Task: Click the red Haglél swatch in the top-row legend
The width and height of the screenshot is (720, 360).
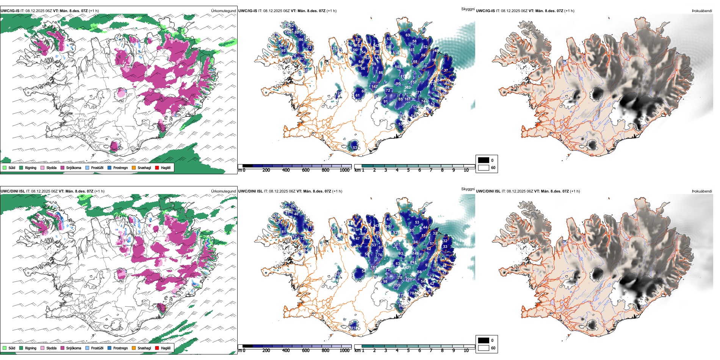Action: (x=157, y=167)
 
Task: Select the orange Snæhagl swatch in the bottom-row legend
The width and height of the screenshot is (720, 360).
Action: (x=134, y=348)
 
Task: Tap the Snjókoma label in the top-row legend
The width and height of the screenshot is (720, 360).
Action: (x=74, y=167)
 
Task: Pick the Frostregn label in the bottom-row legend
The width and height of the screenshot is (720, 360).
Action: (x=120, y=348)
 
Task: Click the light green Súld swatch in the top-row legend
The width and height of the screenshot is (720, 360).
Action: (x=5, y=167)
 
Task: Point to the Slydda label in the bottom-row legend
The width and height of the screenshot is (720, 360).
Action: (x=51, y=348)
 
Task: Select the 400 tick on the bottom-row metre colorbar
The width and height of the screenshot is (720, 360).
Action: (x=286, y=351)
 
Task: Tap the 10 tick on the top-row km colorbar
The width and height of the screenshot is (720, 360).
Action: (x=466, y=170)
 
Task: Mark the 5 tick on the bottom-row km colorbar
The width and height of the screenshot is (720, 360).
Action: (x=408, y=351)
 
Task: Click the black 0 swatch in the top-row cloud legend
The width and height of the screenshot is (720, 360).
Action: (x=484, y=160)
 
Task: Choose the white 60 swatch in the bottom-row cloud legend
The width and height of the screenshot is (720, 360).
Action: (x=484, y=348)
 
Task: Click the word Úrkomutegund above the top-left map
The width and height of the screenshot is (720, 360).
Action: (x=223, y=11)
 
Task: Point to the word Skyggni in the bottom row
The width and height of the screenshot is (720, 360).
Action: (x=468, y=189)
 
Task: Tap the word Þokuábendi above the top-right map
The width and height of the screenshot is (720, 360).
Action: (x=702, y=11)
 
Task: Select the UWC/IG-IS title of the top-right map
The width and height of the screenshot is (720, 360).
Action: (x=485, y=11)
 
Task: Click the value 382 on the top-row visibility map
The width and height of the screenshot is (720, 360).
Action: (x=407, y=88)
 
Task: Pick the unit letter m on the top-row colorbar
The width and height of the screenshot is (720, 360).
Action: (x=239, y=170)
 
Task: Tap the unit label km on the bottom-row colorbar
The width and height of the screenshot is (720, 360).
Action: (x=357, y=351)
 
